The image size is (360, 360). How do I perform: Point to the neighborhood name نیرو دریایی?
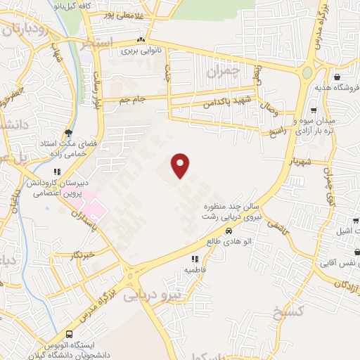(x=152, y=296)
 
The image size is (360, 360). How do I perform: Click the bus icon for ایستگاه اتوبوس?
(x=69, y=335)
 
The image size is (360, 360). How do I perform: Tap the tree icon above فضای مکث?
(x=68, y=132)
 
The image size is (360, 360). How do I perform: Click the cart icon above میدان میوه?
(x=314, y=110)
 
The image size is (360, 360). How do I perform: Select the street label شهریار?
(x=300, y=161)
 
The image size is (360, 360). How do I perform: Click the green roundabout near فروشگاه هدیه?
(x=307, y=72)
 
